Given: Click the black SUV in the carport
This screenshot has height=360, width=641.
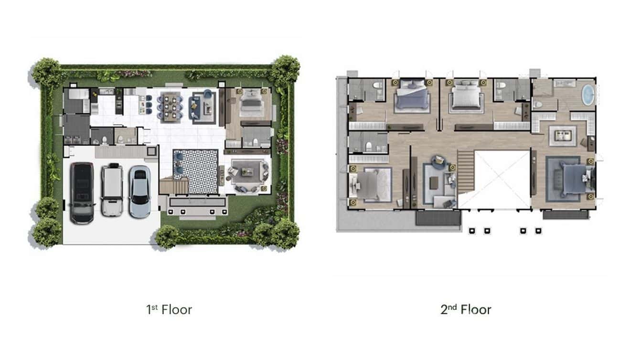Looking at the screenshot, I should click(x=82, y=193).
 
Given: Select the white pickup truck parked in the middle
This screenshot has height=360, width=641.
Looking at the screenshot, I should click(x=112, y=190).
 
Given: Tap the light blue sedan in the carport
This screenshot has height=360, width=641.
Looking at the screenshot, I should click(x=139, y=191).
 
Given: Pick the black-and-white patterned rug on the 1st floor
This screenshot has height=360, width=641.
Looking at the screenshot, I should click(x=195, y=170).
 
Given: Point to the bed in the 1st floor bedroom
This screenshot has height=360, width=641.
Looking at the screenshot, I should click(x=250, y=103).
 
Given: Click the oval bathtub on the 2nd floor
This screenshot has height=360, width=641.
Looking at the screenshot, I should click(x=588, y=95).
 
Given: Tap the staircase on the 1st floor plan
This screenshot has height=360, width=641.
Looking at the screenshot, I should click(x=172, y=185).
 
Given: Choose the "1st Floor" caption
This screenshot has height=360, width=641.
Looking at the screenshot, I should click(x=169, y=309).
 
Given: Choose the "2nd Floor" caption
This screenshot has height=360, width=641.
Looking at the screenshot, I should click(x=466, y=309).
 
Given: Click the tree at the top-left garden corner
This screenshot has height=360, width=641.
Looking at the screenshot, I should click(x=47, y=72).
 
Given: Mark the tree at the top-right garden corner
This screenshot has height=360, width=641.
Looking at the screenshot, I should click(x=285, y=69).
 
